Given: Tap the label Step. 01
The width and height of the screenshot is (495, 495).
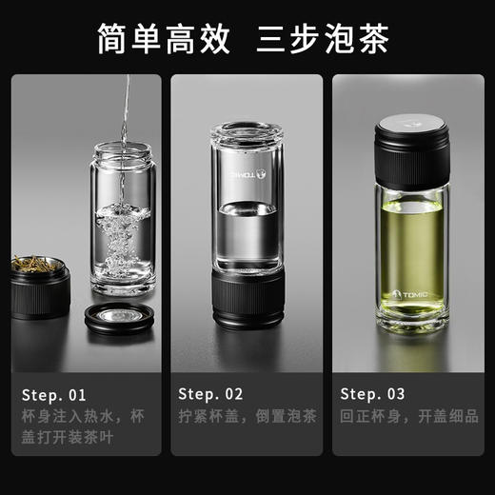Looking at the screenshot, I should point(54,393).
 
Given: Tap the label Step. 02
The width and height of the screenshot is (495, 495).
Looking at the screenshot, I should point(211,393).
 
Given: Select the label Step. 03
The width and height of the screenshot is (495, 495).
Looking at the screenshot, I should point(372,393).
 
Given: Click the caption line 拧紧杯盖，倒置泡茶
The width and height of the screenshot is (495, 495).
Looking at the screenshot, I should point(247,416).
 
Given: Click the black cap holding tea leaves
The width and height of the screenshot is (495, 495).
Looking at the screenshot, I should point(41,285).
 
